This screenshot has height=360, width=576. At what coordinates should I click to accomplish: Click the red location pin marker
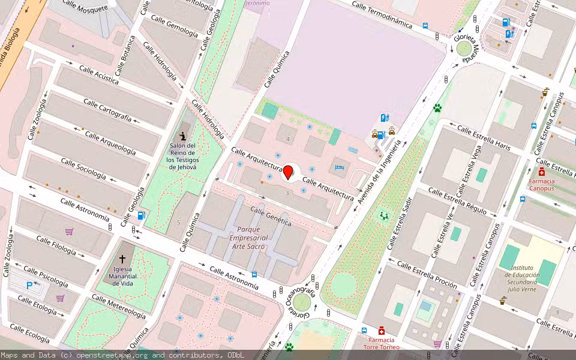pyautogui.click(x=288, y=172)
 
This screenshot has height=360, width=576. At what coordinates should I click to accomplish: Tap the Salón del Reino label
pyautogui.click(x=182, y=156)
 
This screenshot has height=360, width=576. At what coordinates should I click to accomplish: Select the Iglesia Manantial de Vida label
pyautogui.click(x=122, y=275)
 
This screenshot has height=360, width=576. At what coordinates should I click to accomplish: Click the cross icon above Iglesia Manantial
pyautogui.click(x=122, y=259)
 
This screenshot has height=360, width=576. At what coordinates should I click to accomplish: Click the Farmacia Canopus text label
pyautogui.click(x=542, y=184)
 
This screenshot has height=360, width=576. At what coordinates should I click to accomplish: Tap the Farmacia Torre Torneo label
pyautogui.click(x=382, y=343)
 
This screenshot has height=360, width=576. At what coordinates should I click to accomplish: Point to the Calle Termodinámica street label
pyautogui.click(x=382, y=15)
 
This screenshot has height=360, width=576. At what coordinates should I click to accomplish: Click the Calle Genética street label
pyautogui.click(x=271, y=216)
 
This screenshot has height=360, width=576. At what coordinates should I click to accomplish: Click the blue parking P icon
pyautogui.click(x=29, y=286)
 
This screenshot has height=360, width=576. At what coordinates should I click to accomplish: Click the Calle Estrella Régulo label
pyautogui.click(x=457, y=200)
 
